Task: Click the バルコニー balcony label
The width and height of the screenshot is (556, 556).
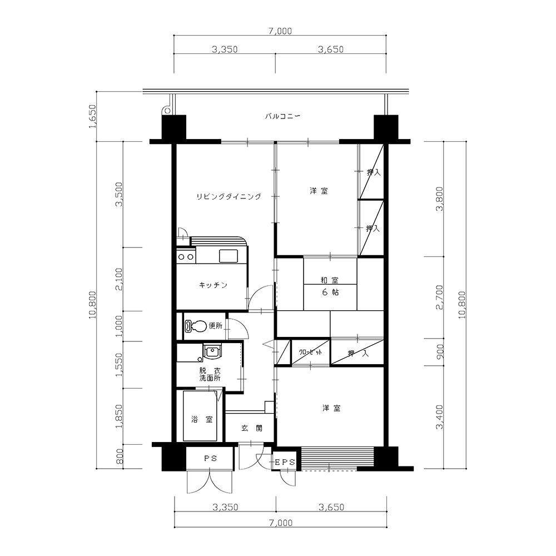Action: pos(282,116)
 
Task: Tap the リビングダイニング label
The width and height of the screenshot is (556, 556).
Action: pos(229,196)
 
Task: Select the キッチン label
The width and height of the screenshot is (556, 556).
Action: pos(213,285)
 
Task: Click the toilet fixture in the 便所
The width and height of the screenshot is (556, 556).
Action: pos(195,326)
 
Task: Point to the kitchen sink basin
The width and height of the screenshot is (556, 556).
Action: pos(228,256)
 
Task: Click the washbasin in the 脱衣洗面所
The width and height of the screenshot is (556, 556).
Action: pos(212,352)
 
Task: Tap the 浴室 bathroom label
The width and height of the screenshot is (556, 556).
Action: pos(202,419)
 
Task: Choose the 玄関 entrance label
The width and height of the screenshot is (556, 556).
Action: pos(252,428)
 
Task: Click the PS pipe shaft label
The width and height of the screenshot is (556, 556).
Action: pos(210,459)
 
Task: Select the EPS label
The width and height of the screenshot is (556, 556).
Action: pos(285,463)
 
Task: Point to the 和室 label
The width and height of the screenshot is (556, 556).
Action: pos(329,280)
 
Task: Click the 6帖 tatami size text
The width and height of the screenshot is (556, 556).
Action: pos(330,292)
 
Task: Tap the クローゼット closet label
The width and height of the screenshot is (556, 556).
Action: pos(311,353)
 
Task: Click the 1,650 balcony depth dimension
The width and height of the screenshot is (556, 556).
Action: pos(92,116)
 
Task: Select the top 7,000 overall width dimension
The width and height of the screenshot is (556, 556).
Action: pos(280,31)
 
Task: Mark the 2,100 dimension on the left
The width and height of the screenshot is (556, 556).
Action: pos(119,280)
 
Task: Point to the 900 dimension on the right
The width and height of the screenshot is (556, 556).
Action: pos(440,352)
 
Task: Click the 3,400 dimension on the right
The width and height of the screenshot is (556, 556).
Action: pos(440,417)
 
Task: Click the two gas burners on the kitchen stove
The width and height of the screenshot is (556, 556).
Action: pos(186,257)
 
